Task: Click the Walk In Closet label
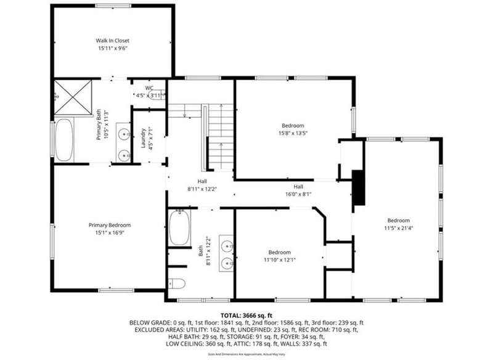[112, 41]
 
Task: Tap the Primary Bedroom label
[110, 225]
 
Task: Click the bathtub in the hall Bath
[179, 227]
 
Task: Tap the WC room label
[150, 88]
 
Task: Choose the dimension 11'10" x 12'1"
[279, 260]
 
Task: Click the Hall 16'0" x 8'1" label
[298, 190]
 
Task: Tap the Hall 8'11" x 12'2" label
[202, 185]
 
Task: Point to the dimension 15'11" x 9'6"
[112, 48]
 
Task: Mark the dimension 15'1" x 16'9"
[110, 233]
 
